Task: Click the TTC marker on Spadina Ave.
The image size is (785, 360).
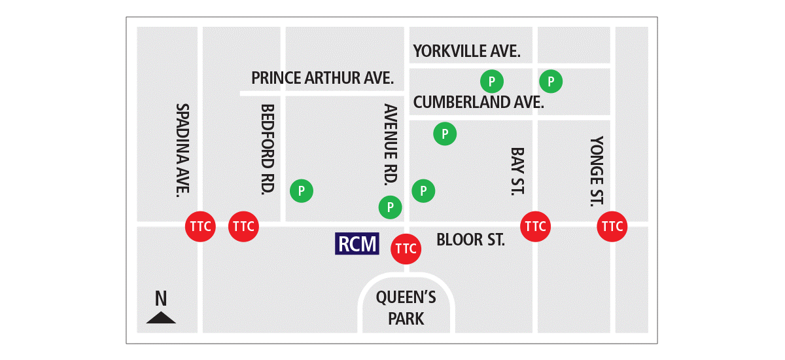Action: (200, 226)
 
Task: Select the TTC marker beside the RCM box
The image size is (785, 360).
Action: (405, 249)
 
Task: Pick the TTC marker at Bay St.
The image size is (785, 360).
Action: (535, 226)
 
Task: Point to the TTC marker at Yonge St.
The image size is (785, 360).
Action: (612, 226)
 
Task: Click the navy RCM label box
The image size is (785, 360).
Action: (357, 244)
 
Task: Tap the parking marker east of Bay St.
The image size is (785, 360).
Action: (551, 81)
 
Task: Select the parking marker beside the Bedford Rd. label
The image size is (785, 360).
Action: (302, 191)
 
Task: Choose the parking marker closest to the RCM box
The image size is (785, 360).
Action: (391, 207)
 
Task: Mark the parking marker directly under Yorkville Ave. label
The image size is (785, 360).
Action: (492, 81)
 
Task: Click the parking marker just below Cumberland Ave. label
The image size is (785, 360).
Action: (445, 134)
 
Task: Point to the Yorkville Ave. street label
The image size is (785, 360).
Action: (466, 51)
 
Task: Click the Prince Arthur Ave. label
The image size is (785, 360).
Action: (323, 79)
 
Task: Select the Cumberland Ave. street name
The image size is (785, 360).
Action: (478, 102)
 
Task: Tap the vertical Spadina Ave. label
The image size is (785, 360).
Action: (183, 150)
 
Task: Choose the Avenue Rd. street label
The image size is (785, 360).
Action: (391, 144)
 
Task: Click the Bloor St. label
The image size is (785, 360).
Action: (470, 240)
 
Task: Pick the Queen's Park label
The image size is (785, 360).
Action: (406, 308)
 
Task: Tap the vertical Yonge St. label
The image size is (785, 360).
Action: (596, 171)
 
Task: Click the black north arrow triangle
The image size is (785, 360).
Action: (161, 318)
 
